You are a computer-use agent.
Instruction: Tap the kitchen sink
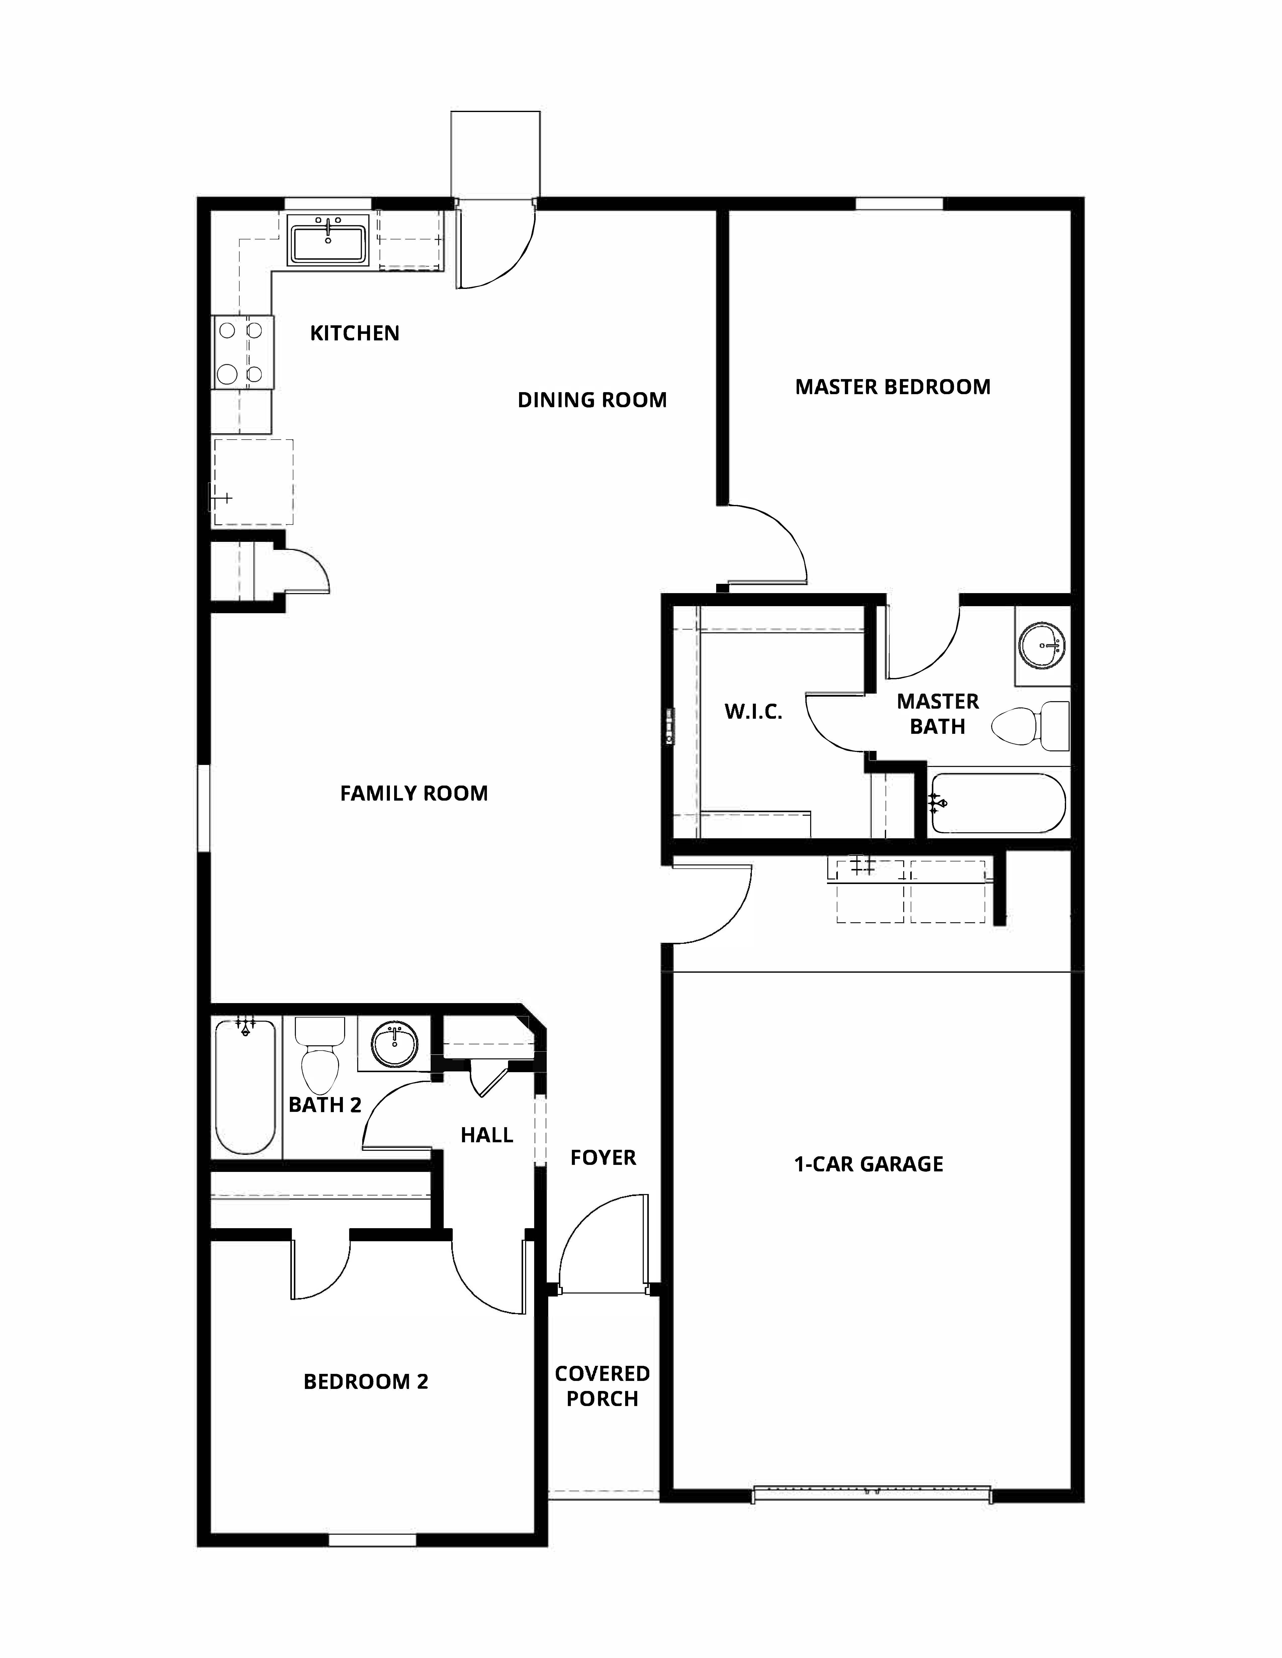point(327,239)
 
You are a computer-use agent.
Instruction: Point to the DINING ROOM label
point(592,400)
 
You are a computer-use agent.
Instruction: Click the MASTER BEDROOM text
point(892,387)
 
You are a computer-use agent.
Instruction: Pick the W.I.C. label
point(753,712)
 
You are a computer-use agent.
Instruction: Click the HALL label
point(487,1135)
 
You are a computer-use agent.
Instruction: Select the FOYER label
point(603,1158)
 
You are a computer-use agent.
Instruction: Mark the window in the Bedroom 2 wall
point(372,1540)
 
